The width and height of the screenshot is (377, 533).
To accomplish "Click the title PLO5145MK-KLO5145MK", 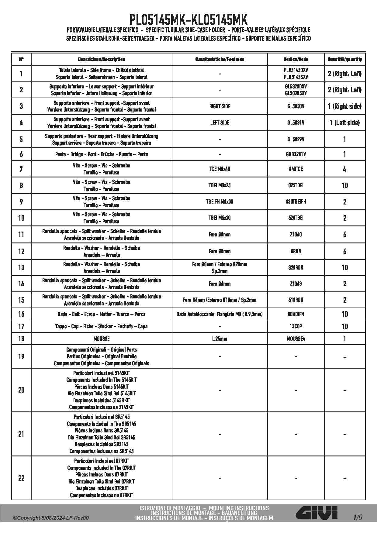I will pyautogui.click(x=188, y=20).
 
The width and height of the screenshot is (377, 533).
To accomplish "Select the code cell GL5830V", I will pyautogui.click(x=296, y=106).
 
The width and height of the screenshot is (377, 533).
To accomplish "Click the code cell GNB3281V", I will pyautogui.click(x=296, y=154).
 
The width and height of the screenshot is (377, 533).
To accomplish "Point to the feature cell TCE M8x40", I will pyautogui.click(x=220, y=169).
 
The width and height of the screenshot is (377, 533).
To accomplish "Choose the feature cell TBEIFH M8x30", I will pyautogui.click(x=220, y=202).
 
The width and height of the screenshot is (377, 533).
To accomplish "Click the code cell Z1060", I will pyautogui.click(x=296, y=235).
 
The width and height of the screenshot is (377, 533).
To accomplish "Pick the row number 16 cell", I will pyautogui.click(x=21, y=314).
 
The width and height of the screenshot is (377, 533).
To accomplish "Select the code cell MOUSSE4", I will pyautogui.click(x=296, y=339).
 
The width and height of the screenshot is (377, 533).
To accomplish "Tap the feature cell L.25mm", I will pyautogui.click(x=220, y=339).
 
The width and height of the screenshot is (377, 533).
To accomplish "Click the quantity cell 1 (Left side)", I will pyautogui.click(x=344, y=123).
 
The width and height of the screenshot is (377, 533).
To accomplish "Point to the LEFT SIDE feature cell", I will pyautogui.click(x=220, y=123).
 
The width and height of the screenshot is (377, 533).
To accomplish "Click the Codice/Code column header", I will pyautogui.click(x=296, y=59).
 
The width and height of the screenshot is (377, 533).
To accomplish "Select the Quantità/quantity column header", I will pyautogui.click(x=344, y=59).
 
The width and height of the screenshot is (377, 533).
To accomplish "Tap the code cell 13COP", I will pyautogui.click(x=296, y=326).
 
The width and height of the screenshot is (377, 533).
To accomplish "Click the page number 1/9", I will pyautogui.click(x=358, y=518).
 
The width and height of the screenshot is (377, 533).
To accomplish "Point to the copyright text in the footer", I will pyautogui.click(x=51, y=518).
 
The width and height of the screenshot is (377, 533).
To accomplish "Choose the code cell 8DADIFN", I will pyautogui.click(x=296, y=314).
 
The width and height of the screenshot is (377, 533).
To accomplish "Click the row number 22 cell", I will pyautogui.click(x=21, y=478).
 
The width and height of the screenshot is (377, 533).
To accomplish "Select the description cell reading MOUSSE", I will pyautogui.click(x=102, y=339).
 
